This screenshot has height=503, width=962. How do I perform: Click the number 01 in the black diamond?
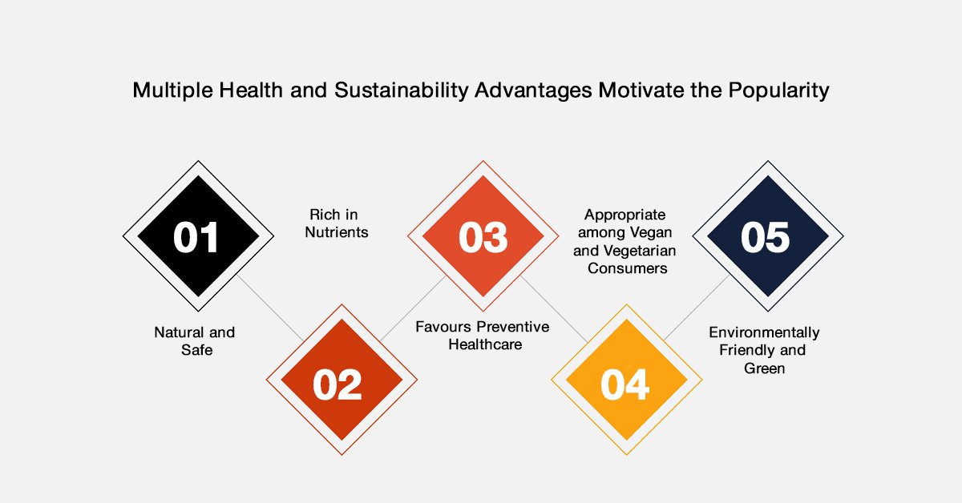coord(196,237)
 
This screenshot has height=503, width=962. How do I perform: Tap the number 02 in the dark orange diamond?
coord(338,384)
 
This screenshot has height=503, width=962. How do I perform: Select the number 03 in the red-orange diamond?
coord(483,237)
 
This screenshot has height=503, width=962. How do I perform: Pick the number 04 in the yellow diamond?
coord(624,384)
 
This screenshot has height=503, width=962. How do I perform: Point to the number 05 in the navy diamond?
coord(766,237)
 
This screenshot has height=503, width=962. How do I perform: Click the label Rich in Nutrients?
coord(336,223)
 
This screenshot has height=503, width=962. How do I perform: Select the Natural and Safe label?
coord(195,341)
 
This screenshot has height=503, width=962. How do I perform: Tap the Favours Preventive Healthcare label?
coord(483,335)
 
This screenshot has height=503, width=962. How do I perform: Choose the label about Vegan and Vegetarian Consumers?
coord(624,241)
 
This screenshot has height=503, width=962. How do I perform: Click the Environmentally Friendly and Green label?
coord(764,350)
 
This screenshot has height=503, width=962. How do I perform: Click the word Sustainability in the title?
coord(401,91)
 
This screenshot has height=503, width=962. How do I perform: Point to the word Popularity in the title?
coord(778,91)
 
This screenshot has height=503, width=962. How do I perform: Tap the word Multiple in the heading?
coord(172,91)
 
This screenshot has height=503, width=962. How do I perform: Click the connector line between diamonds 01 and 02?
coord(271,308)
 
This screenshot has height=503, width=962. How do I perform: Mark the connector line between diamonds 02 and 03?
coord(413,308)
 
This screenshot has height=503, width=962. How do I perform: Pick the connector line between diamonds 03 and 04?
coord(554,309)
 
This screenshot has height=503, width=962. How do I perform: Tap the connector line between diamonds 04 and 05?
coord(697,308)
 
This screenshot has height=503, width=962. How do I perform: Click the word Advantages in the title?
coord(533,91)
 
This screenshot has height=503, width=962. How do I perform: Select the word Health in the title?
coord(251,91)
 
